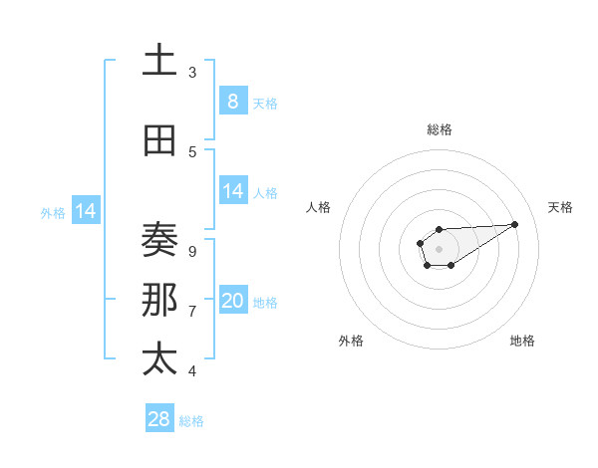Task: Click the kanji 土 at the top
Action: (159, 61)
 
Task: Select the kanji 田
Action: (159, 141)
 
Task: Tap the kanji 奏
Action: (159, 240)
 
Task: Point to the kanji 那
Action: (159, 300)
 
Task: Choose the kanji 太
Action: (159, 358)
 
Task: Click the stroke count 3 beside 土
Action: (192, 72)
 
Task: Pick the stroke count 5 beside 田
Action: (192, 151)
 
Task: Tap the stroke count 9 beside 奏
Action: (192, 251)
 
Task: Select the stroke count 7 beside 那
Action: (192, 311)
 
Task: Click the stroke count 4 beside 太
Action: (192, 370)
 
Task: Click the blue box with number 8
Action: (232, 102)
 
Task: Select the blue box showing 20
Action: (232, 301)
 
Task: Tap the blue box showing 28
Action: (159, 419)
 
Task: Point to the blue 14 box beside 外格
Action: (86, 211)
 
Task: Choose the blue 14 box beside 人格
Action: (232, 191)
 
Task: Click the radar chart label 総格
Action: (439, 129)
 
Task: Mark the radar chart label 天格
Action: (560, 207)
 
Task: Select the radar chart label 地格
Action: (522, 341)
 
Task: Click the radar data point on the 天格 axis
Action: (515, 223)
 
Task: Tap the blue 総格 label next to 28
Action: (191, 421)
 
